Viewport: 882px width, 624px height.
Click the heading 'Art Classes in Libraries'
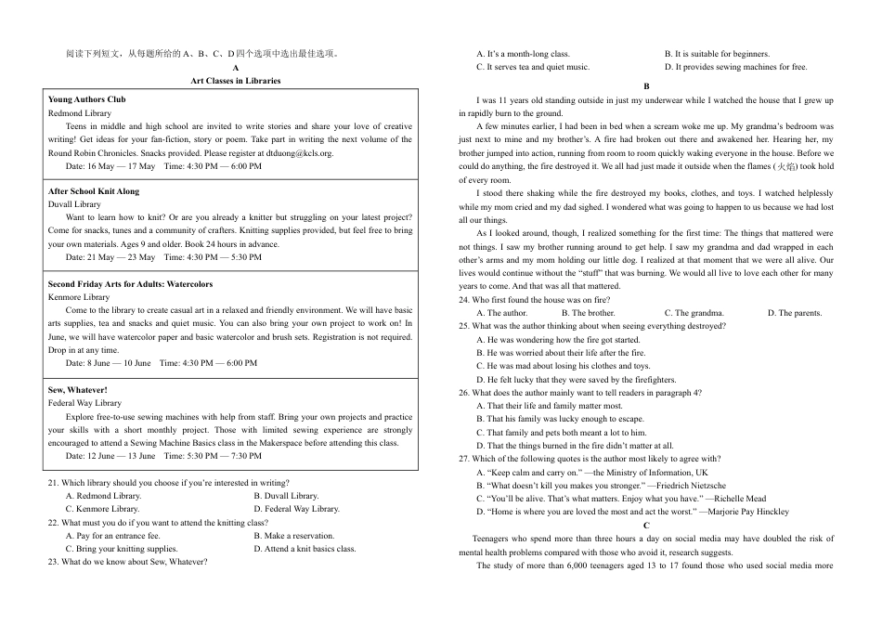235,81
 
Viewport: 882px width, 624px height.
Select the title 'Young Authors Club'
86,99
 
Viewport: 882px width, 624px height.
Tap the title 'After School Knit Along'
94,191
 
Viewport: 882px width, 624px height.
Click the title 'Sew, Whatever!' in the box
78,390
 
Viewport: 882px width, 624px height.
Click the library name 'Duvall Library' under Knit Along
74,204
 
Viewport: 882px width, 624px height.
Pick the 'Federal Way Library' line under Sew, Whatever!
84,403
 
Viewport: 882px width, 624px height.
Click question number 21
53,483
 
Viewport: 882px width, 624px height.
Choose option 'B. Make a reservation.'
295,536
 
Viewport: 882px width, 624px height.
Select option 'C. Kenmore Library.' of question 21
103,509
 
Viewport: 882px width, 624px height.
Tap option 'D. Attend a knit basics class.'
305,549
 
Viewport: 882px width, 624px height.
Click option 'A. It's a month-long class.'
523,54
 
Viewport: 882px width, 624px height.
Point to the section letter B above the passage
646,86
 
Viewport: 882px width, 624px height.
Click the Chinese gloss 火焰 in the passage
785,166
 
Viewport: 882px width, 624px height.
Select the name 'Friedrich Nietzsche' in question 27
680,485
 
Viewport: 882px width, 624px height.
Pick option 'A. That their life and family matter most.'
549,406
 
